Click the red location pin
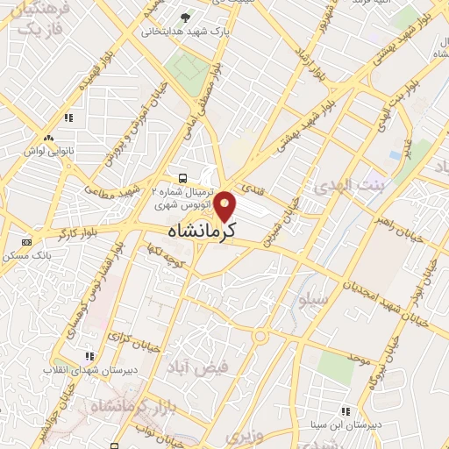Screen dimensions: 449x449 226,205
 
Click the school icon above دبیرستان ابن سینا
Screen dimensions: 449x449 346,411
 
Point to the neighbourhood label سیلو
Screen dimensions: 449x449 312,301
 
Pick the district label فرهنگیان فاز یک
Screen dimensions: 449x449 36,22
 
